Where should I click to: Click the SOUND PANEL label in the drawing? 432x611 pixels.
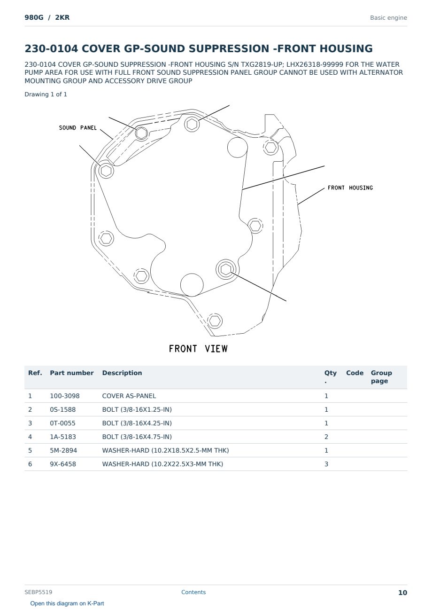77,128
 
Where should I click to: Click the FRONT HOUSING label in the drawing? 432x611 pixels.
350,188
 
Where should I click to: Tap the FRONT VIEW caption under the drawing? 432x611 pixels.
198,349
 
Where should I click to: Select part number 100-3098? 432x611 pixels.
65,396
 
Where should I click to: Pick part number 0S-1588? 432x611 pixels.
63,409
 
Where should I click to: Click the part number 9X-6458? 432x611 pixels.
63,464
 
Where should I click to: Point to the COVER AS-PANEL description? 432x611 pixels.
129,396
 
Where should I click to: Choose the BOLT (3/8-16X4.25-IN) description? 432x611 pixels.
137,423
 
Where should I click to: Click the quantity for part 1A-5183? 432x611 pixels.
326,437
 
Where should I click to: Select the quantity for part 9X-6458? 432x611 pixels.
326,464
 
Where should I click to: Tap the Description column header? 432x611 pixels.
122,373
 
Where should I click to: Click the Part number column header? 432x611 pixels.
72,373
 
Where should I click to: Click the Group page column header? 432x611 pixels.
381,377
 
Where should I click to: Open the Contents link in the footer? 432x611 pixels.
193,592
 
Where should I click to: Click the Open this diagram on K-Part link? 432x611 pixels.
67,603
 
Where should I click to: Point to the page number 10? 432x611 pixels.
402,593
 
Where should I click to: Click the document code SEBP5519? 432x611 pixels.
39,592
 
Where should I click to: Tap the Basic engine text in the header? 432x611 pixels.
388,18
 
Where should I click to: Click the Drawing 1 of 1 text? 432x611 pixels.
46,94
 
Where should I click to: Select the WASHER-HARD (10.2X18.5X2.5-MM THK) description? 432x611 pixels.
165,450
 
